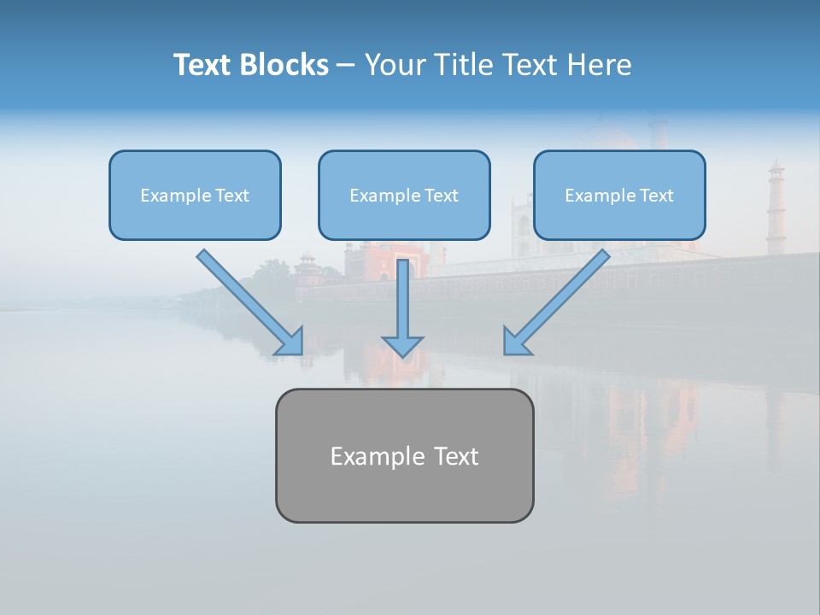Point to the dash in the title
point(346,66)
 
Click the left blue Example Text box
point(195,196)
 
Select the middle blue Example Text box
point(404,196)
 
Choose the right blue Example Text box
point(619,196)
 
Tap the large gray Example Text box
point(404,455)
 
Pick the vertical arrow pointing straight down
point(402,303)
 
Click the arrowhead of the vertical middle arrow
point(402,345)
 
